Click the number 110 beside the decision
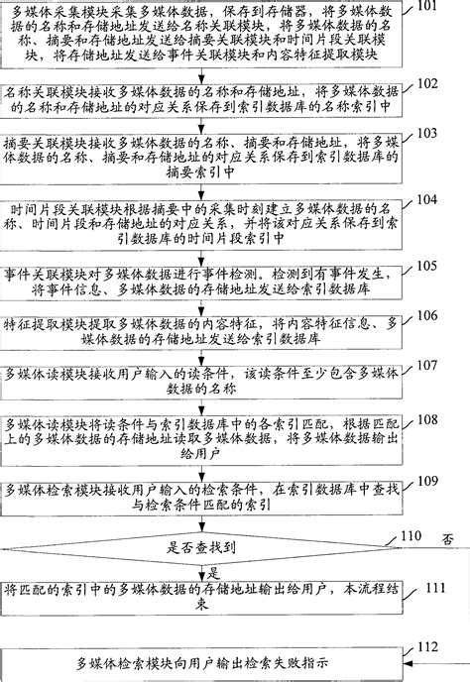point(415,536)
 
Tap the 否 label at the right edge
point(448,541)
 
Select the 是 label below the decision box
point(211,572)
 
